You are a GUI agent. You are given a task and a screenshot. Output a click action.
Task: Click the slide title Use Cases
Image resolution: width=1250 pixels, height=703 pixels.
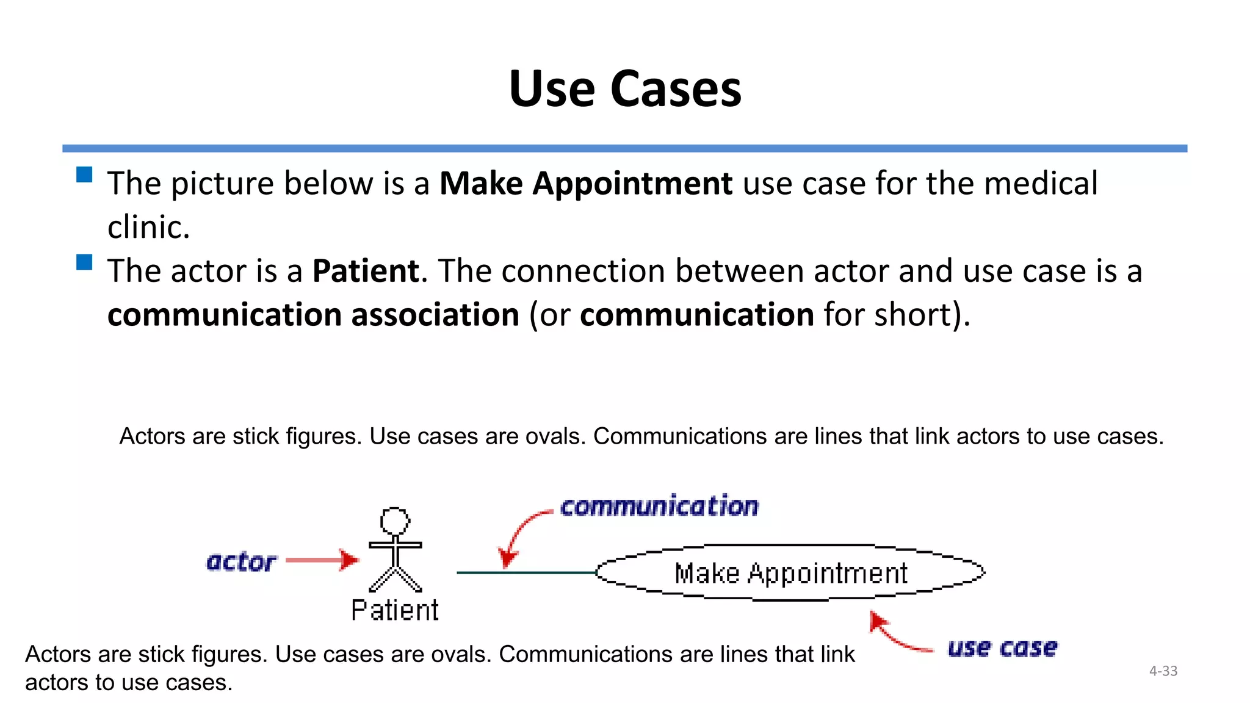625,89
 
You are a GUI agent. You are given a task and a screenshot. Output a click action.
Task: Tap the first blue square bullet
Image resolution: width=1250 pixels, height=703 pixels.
84,175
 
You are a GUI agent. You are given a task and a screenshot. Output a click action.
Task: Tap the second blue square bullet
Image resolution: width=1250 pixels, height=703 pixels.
84,262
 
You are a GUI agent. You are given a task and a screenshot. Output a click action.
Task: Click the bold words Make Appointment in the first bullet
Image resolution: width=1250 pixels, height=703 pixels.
585,184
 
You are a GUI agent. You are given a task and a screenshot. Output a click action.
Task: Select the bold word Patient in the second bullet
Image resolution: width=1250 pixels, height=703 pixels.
366,271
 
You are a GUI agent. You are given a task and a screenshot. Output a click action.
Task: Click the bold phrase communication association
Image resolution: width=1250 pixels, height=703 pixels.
313,315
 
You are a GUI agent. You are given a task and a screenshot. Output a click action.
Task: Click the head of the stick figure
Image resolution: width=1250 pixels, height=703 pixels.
395,521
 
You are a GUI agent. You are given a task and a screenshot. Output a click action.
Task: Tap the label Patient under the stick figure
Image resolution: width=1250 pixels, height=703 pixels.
395,610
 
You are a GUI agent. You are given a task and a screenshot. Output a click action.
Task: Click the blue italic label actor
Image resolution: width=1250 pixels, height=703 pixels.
241,561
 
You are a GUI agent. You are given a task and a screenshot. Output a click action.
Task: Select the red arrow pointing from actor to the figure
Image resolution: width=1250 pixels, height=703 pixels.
322,560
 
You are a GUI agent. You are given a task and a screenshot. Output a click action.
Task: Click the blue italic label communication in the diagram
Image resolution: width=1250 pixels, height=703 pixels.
659,507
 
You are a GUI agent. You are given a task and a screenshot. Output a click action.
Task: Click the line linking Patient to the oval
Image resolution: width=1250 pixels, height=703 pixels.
525,572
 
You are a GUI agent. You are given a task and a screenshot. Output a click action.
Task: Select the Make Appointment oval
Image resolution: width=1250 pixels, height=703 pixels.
790,572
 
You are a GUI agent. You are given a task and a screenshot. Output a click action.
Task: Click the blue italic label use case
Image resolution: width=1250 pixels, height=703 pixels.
1002,648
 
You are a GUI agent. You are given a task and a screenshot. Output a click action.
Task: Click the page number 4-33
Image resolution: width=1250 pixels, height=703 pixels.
1163,671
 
